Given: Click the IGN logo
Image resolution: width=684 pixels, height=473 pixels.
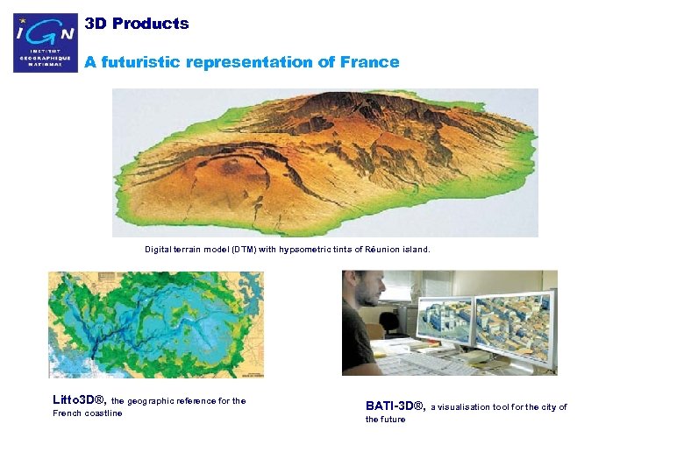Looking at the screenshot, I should (46, 43).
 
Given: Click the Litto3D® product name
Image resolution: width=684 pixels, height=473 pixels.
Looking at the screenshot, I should (80, 401).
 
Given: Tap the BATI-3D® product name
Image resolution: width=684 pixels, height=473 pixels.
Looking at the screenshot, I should (395, 406).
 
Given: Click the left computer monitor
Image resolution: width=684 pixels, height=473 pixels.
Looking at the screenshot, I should (443, 317).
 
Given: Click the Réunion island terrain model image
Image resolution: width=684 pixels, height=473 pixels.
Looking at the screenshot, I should (324, 163).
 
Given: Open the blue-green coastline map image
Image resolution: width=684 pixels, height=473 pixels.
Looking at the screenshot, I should (155, 323).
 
